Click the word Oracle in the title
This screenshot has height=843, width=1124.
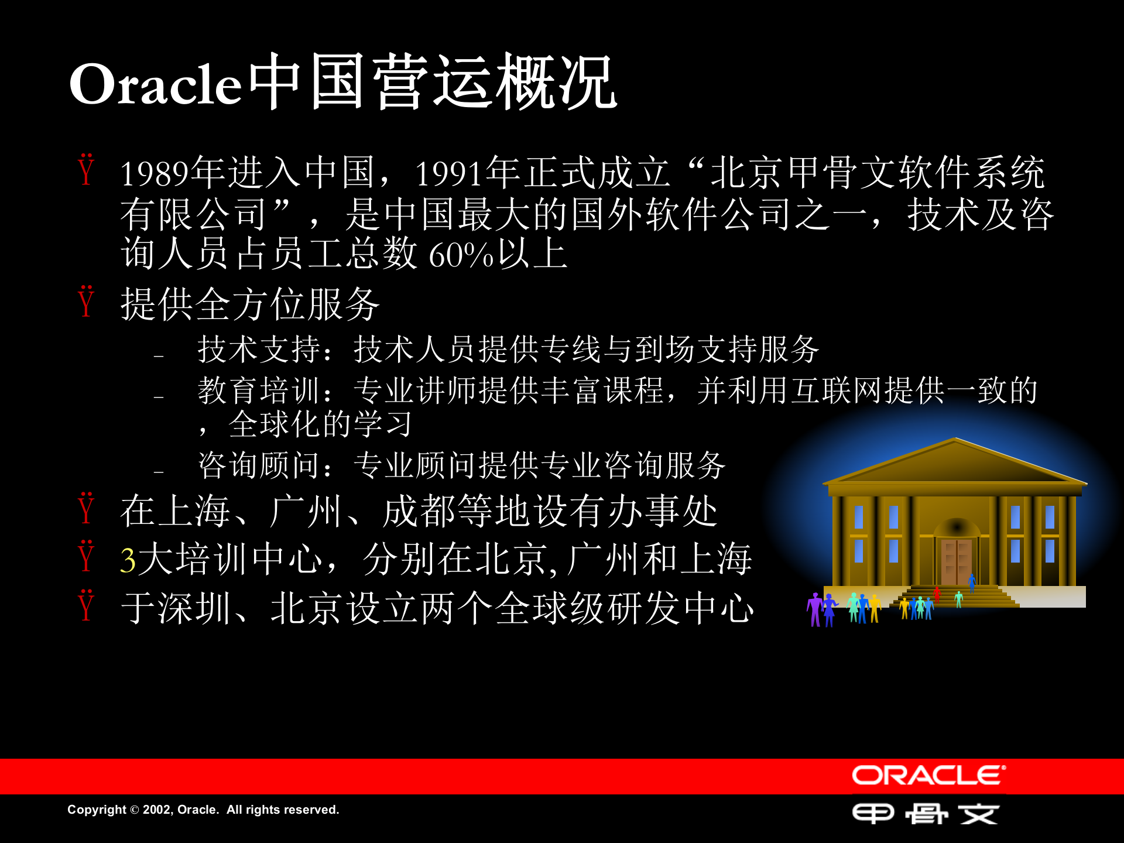pos(155,85)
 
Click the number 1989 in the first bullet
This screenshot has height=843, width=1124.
pos(155,174)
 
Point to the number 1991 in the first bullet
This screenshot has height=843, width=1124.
pos(450,174)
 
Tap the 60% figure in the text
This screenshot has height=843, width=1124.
pos(461,255)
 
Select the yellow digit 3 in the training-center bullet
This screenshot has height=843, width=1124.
pos(128,560)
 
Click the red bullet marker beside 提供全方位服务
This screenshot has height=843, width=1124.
pos(86,302)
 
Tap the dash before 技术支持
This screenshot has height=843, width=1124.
pos(159,355)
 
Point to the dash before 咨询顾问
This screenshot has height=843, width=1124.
pos(159,471)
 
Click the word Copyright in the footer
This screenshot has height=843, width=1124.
pos(97,810)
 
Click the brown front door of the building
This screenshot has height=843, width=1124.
pos(956,561)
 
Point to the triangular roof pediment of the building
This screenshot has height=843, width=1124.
pos(955,464)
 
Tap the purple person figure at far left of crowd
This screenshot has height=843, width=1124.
pos(815,609)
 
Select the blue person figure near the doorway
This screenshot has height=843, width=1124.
pos(972,582)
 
